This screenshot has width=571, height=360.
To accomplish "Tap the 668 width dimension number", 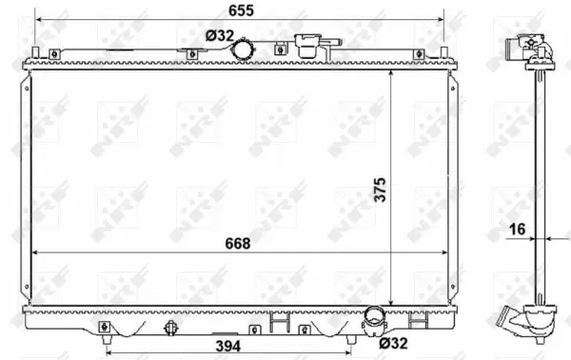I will click(237, 244).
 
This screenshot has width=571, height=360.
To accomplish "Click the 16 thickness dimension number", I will click(516, 230).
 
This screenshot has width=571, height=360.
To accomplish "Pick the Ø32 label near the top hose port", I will click(219, 36).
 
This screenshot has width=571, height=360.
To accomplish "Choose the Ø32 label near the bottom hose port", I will click(394, 343).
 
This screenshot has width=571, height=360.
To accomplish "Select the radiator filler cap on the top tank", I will click(309, 45).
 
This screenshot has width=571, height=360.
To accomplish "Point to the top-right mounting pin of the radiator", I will click(443, 52).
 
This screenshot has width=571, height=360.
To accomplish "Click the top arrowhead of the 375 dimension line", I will click(390, 72).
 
